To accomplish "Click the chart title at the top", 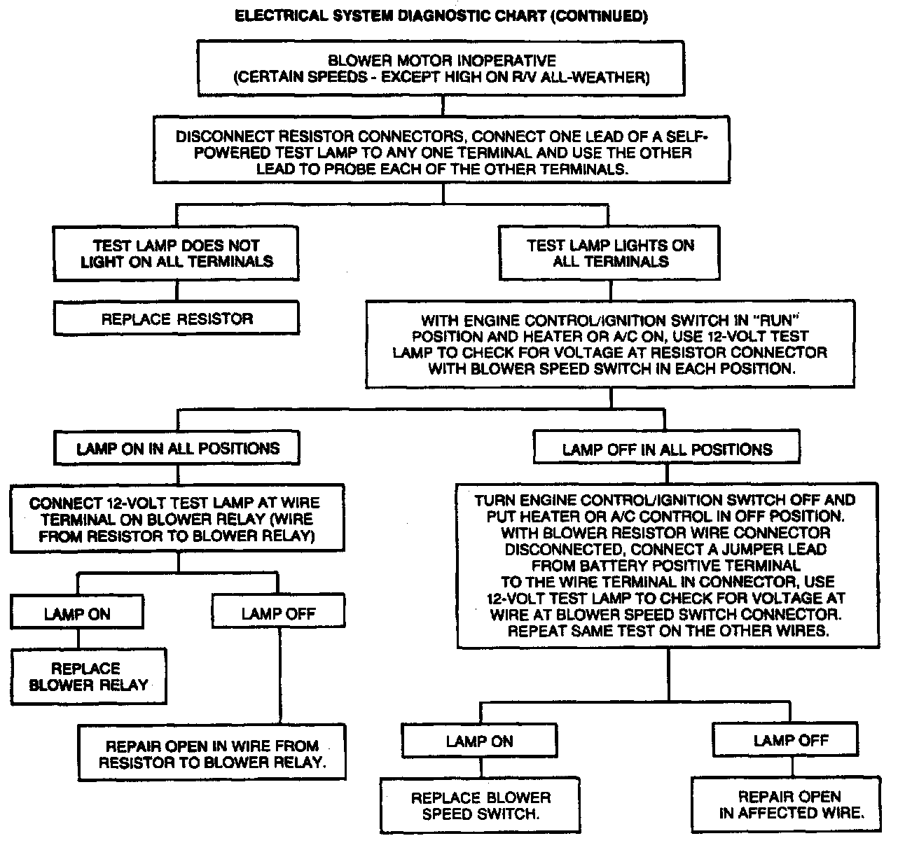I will point(441,15).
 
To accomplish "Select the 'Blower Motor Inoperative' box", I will point(442,69).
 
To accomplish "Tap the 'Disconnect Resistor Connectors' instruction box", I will point(442,152).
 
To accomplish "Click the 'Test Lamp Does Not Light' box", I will point(177,253).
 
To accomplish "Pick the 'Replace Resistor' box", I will point(177,319).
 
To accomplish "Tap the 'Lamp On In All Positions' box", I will point(177,449).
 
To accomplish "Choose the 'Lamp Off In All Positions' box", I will point(666,449).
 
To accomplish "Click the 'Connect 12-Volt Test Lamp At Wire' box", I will point(177,520).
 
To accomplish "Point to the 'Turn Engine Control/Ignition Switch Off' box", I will point(666,564).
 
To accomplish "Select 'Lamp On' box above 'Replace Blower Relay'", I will point(77,614).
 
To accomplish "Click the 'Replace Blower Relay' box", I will point(88,676).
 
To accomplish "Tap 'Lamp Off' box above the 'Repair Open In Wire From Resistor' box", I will point(278,614).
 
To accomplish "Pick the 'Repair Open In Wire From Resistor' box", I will point(212,754).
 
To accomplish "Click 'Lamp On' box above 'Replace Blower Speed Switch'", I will point(479,741).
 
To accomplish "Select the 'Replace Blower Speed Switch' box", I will point(481,805).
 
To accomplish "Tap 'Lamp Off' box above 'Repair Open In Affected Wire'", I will point(790,740).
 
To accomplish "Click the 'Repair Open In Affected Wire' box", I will point(790,804).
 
